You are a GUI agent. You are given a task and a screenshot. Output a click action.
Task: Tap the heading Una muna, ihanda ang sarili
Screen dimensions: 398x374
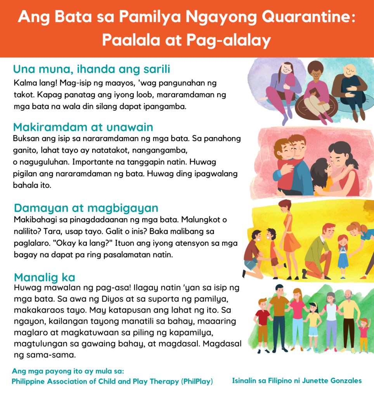tap(92, 69)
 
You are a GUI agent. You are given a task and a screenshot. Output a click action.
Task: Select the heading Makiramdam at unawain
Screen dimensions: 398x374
tap(83, 127)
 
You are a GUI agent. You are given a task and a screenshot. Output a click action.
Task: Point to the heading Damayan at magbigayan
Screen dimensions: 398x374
tap(86, 208)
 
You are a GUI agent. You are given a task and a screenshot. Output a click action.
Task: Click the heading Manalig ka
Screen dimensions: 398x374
tap(45, 278)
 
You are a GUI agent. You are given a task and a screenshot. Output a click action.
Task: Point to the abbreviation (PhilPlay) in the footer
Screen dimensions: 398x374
tap(197, 382)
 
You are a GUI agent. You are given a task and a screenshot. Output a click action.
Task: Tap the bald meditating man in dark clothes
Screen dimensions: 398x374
tap(350, 87)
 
